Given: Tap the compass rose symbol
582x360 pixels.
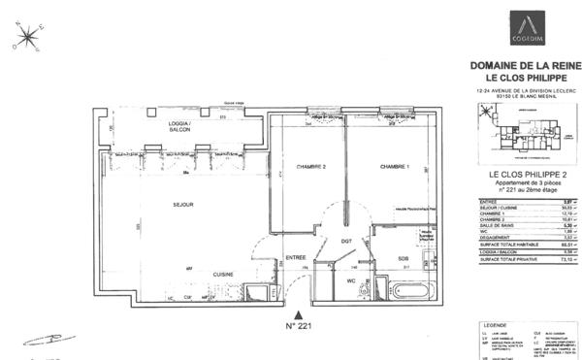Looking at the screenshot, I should point(26,39).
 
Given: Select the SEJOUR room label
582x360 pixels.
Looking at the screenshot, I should point(183,205).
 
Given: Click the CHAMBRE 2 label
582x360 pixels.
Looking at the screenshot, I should point(310,166).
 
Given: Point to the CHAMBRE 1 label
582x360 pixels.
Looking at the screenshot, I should point(395,166).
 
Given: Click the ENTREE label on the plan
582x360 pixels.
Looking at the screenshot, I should point(296,257).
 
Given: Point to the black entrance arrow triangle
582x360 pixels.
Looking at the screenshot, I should point(299,316).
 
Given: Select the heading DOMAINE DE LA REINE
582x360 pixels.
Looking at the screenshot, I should point(525,65).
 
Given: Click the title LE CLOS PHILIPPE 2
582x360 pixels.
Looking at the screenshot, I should point(525,175).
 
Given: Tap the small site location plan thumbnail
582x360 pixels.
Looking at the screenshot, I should point(525,129).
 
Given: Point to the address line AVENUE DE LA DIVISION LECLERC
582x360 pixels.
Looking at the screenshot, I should point(525,90).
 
